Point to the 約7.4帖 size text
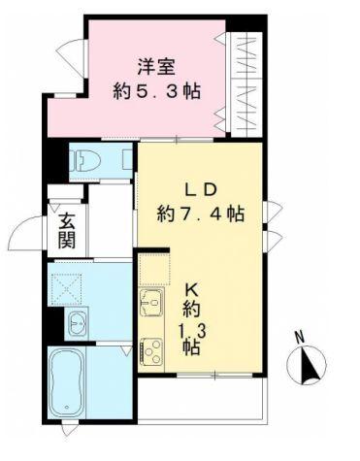click(201, 213)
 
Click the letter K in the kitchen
click(191, 288)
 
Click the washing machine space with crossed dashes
click(69, 287)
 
